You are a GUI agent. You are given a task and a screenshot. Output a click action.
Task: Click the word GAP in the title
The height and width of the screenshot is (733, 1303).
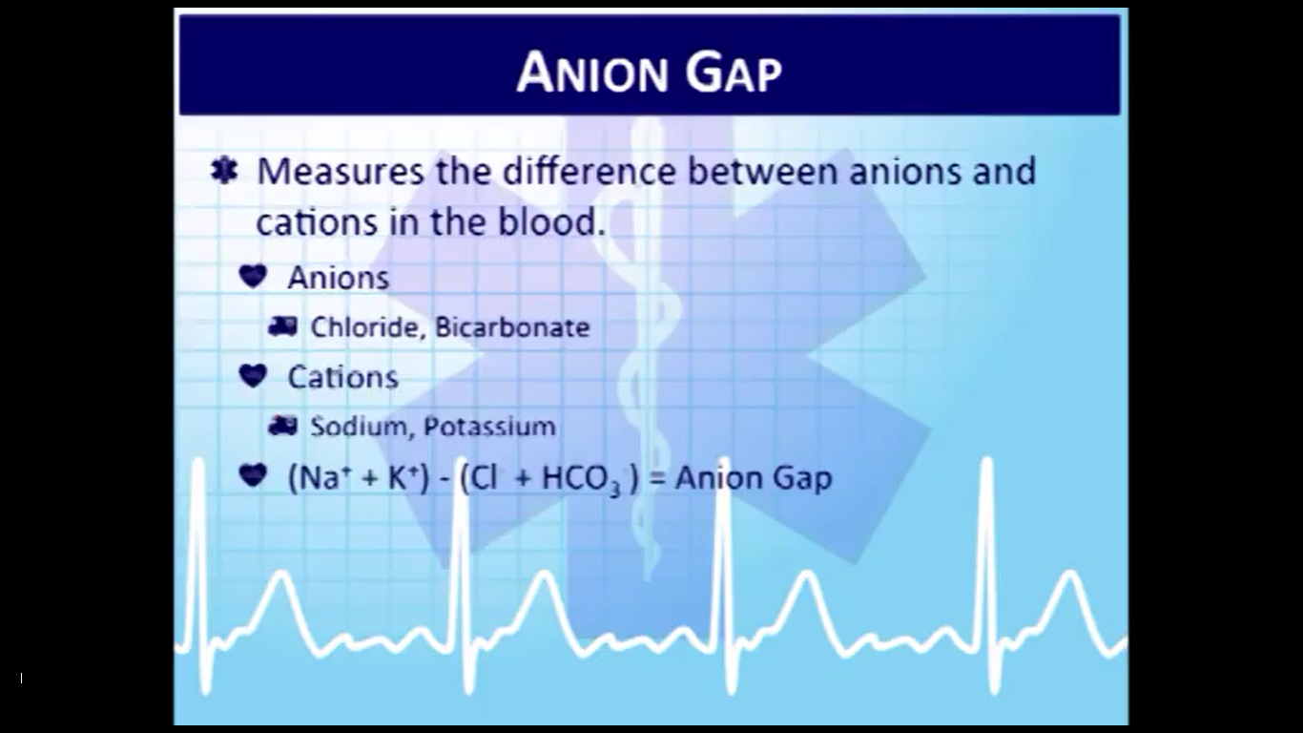tap(734, 73)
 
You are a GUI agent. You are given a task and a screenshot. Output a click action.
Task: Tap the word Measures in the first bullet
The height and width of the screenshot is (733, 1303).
tap(341, 172)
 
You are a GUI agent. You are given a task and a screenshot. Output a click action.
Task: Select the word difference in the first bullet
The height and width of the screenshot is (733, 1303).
tap(589, 171)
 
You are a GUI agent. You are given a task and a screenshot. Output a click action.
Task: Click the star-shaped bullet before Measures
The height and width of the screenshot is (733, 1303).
tap(224, 171)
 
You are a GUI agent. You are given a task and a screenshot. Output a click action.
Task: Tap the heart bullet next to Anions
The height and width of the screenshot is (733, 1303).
tap(253, 276)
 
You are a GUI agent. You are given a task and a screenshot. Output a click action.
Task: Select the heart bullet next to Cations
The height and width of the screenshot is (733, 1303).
tap(253, 375)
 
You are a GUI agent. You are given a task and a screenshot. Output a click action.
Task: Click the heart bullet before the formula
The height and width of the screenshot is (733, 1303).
tap(253, 475)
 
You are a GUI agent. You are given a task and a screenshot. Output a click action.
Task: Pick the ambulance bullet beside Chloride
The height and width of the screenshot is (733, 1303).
tap(282, 326)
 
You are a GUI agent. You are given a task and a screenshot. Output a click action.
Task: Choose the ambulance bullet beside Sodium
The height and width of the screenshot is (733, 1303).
tap(282, 427)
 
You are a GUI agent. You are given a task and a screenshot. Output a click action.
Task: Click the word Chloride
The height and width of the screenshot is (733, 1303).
tap(364, 327)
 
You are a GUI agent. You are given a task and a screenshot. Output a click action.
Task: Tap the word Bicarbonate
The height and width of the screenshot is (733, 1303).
tap(512, 327)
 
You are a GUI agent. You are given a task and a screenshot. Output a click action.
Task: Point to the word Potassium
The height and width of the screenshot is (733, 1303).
tap(489, 427)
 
